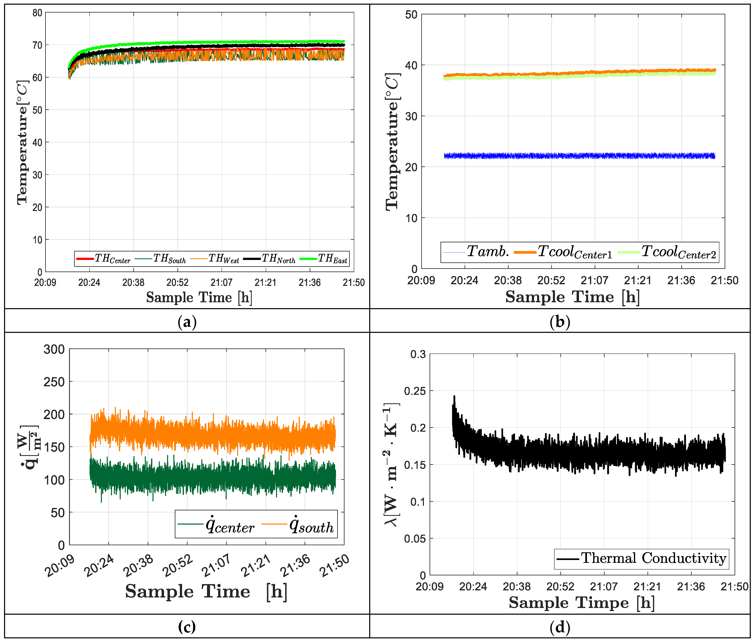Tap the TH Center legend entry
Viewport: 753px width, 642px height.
[x=103, y=259]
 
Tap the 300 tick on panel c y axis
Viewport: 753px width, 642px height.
[x=54, y=349]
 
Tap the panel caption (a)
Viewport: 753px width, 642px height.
[x=187, y=322]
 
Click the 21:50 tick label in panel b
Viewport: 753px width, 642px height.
[x=724, y=280]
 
